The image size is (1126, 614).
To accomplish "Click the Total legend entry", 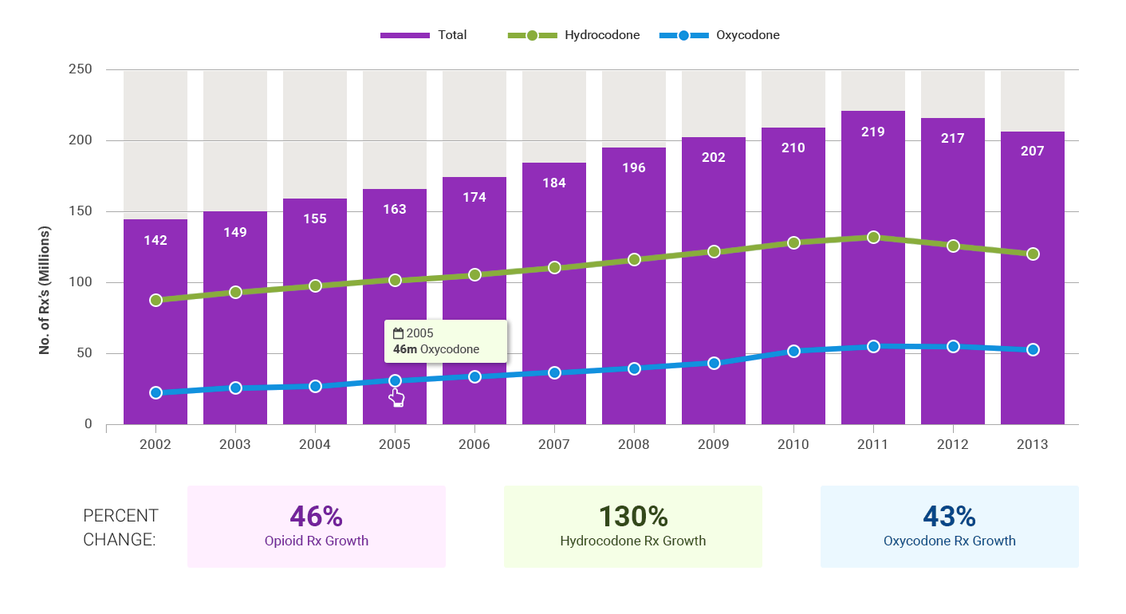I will [423, 35].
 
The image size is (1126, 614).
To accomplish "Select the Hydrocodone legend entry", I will [573, 35].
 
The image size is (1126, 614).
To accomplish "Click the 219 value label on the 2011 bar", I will [873, 132].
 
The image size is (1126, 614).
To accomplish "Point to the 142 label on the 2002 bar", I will [156, 240].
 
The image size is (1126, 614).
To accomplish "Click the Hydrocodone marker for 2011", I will [873, 237].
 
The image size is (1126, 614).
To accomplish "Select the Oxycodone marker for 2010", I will [793, 351].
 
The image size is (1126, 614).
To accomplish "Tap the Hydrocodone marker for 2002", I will [156, 300].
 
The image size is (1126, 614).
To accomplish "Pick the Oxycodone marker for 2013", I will [1033, 349].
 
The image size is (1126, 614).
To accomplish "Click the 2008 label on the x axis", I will [634, 444].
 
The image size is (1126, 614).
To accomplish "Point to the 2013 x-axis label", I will [1033, 444].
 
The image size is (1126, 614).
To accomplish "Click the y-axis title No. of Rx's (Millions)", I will [45, 290].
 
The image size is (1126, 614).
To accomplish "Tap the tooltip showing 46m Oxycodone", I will [446, 341].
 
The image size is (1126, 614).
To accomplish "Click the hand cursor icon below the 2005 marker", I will [396, 398].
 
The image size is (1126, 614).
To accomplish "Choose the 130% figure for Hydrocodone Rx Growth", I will [633, 517].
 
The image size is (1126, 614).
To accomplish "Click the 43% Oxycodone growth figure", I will [949, 517].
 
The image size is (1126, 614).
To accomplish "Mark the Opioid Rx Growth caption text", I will [317, 541].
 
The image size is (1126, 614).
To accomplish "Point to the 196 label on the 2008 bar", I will [634, 167].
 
